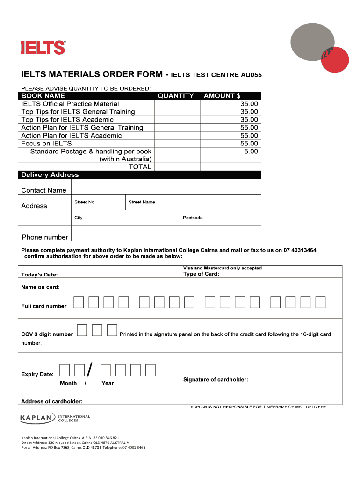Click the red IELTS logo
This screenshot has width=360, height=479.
pos(43,47)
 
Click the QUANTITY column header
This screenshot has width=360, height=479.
pos(175,96)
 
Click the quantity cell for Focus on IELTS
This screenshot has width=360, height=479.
pos(178,144)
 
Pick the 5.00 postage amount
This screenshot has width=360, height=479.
pos(250,152)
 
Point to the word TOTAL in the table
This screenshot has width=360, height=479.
pos(140,167)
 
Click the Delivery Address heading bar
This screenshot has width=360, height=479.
pos(139,175)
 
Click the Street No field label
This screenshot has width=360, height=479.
pos(84,202)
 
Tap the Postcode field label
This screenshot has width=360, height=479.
pos(193,218)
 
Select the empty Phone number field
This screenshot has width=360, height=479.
pos(166,234)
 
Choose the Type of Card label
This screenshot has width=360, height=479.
pos(201,274)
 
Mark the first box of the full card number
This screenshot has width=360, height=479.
pos(79,303)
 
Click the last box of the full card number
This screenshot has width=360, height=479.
pos(320,303)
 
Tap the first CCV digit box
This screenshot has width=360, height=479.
pos(82,331)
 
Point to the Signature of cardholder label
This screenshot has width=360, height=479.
pos(216,379)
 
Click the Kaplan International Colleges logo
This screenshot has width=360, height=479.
pos(55,418)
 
